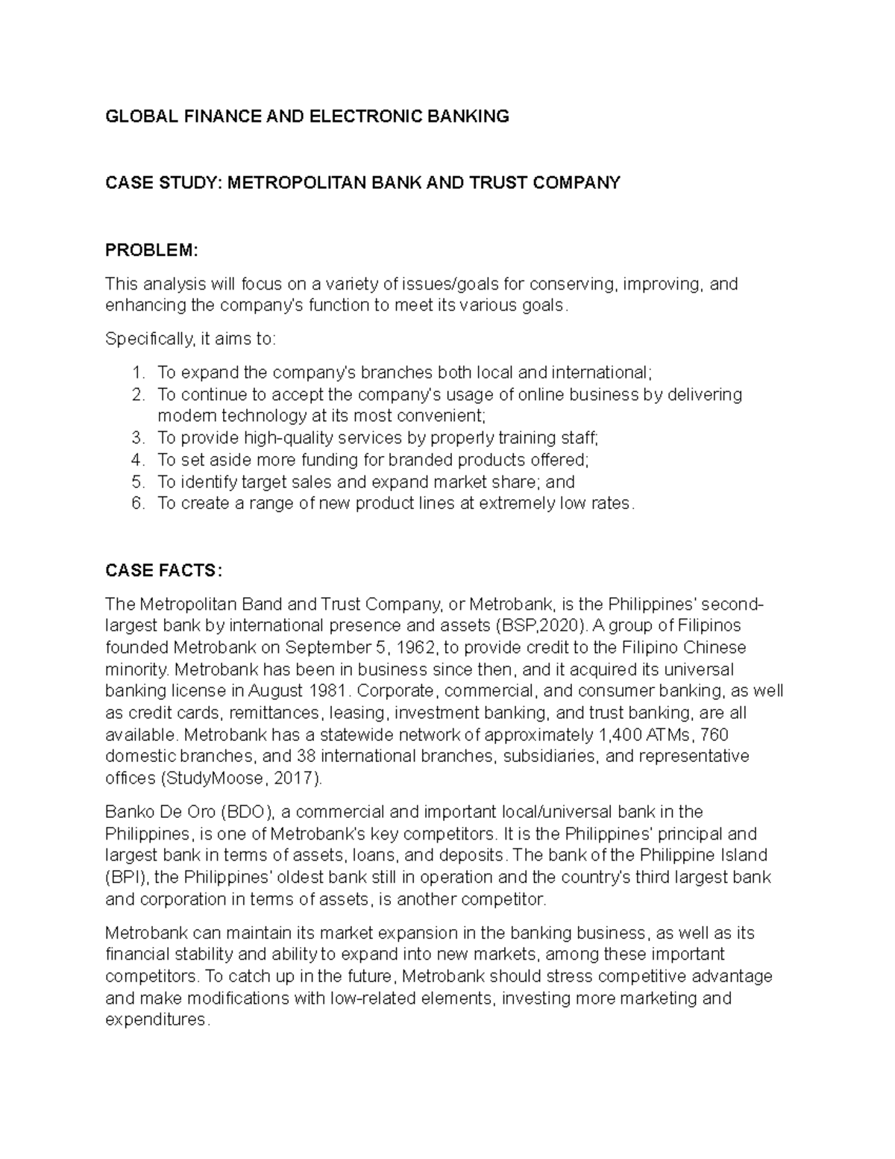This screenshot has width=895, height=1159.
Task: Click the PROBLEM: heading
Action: click(151, 250)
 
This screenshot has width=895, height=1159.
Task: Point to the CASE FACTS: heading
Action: click(163, 571)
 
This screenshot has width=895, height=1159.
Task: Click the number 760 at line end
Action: click(715, 735)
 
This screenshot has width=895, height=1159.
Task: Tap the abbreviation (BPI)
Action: click(125, 878)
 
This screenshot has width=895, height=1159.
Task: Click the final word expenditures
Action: click(156, 1020)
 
